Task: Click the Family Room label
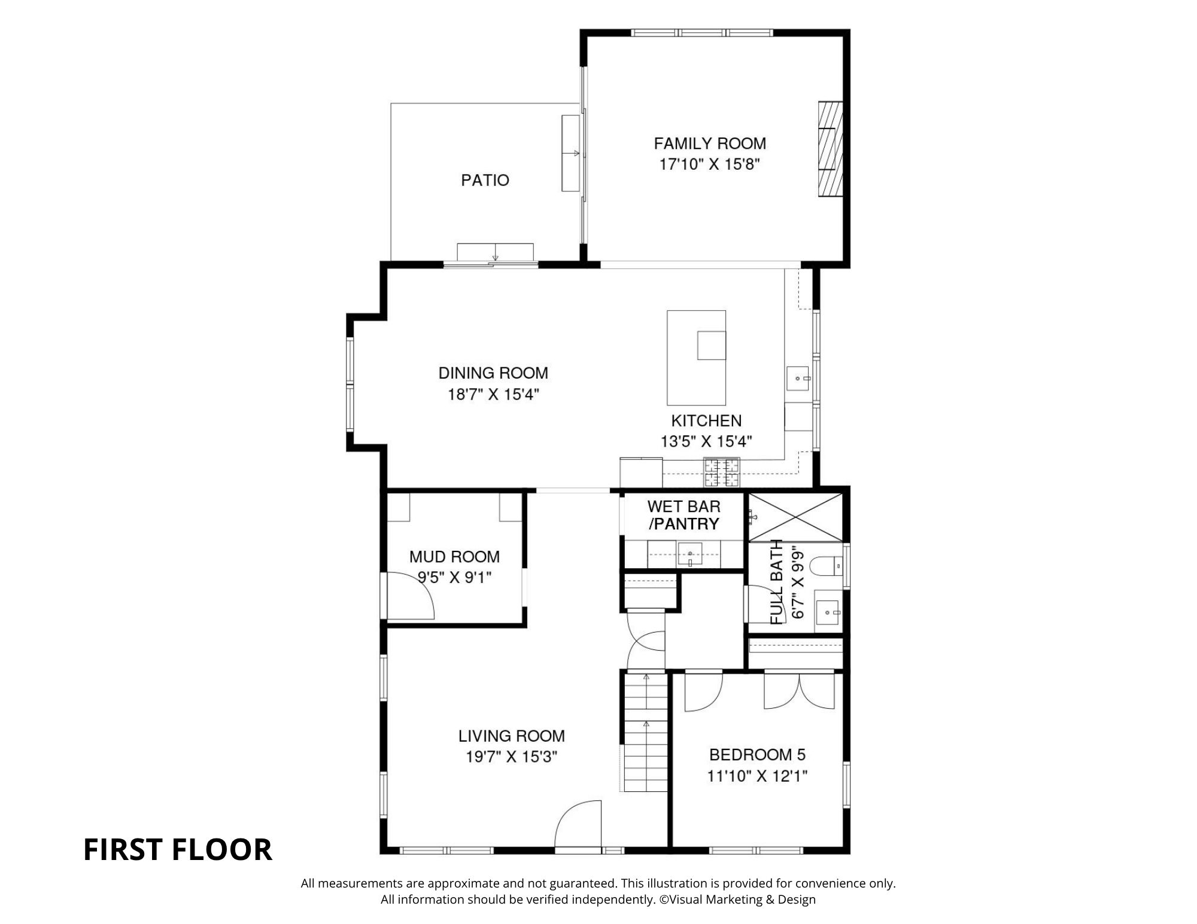point(710,144)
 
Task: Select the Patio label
point(485,180)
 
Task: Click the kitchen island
point(697,358)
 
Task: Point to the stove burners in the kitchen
point(722,472)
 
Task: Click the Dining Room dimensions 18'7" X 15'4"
point(494,395)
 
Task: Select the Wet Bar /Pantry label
point(684,515)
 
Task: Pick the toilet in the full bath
point(827,565)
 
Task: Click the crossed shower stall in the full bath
point(795,517)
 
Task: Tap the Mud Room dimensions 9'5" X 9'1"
point(455,578)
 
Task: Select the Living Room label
point(512,736)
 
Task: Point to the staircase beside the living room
point(646,733)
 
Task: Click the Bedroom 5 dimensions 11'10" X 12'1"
point(757,776)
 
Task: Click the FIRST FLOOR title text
point(178,850)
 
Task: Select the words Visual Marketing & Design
point(742,899)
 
